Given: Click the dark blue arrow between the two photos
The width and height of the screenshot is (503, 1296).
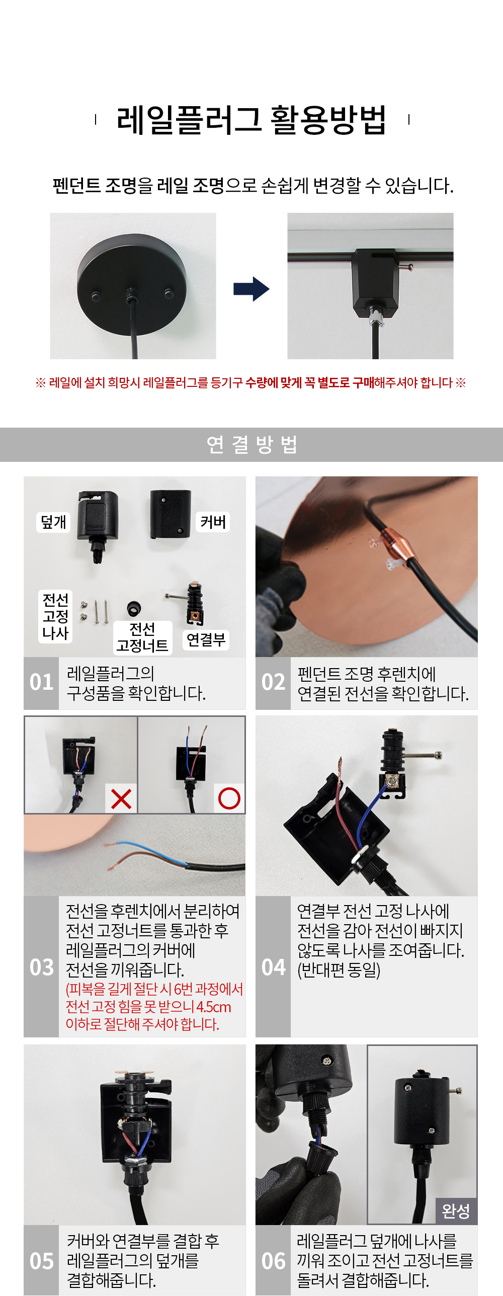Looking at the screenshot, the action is pyautogui.click(x=251, y=289).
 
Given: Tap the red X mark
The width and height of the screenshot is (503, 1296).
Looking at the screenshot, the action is pyautogui.click(x=121, y=798).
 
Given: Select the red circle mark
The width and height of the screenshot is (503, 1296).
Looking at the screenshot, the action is pyautogui.click(x=229, y=798).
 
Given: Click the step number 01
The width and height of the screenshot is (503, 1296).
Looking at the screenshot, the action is pyautogui.click(x=41, y=682).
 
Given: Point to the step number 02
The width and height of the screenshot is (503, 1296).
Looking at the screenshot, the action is pyautogui.click(x=273, y=682).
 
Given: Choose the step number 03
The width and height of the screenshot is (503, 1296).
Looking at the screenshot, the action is pyautogui.click(x=41, y=967).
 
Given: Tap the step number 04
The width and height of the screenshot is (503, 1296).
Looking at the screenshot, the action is pyautogui.click(x=273, y=967).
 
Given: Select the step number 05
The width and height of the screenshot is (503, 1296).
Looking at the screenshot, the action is pyautogui.click(x=41, y=1261).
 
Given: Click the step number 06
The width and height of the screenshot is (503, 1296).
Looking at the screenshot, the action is pyautogui.click(x=273, y=1261).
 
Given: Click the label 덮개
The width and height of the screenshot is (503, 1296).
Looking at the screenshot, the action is pyautogui.click(x=53, y=522).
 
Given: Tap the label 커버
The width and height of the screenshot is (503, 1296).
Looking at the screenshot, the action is pyautogui.click(x=213, y=522).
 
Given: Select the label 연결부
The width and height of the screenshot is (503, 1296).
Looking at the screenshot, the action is pyautogui.click(x=206, y=640).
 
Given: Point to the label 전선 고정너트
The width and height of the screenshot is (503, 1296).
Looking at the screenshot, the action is pyautogui.click(x=142, y=637).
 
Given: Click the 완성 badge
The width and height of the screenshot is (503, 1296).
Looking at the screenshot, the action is pyautogui.click(x=456, y=1210).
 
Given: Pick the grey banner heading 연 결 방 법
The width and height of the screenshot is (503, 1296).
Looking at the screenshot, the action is pyautogui.click(x=251, y=445).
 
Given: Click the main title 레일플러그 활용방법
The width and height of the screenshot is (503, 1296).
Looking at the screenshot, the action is pyautogui.click(x=251, y=120).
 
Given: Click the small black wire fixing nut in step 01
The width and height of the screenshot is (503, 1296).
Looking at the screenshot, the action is pyautogui.click(x=134, y=609).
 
